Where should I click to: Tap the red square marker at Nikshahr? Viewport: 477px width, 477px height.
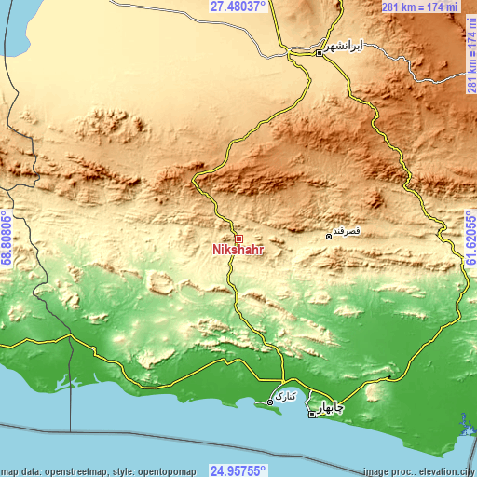tap(238, 238)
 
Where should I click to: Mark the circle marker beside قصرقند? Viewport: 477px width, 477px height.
tap(328, 238)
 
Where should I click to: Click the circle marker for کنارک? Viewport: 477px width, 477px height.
tap(270, 402)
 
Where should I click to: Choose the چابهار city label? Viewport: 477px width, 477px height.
tap(325, 407)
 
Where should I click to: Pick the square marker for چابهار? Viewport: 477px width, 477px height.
tap(311, 415)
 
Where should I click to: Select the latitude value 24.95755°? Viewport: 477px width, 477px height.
tap(238, 470)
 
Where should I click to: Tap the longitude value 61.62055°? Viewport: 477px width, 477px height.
tap(470, 238)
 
